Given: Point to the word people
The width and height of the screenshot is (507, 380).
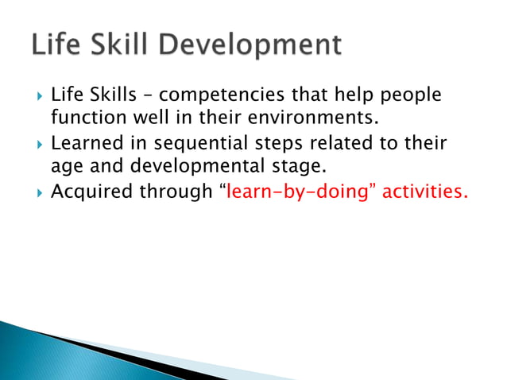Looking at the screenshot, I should coord(408,96).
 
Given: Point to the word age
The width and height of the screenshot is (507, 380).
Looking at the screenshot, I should coord(67,168).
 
